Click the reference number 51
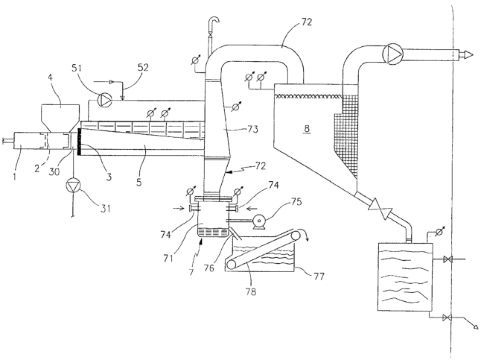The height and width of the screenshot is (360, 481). point(77,68)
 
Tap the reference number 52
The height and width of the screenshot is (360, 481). point(142,67)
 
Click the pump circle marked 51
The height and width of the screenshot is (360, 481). point(104,100)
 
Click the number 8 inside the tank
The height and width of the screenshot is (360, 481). point(307,129)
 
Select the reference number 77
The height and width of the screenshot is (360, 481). point(319,277)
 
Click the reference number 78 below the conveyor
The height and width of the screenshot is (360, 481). point(251,291)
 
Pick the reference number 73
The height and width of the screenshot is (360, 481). point(252,129)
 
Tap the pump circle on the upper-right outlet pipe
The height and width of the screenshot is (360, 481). point(392,54)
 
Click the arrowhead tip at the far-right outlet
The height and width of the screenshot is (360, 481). point(471,54)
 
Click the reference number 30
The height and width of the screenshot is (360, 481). point(54,171)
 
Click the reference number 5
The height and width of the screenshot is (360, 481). point(139,182)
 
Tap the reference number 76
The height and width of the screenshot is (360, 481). point(208,268)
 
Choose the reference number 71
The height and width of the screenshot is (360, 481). point(168,257)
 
